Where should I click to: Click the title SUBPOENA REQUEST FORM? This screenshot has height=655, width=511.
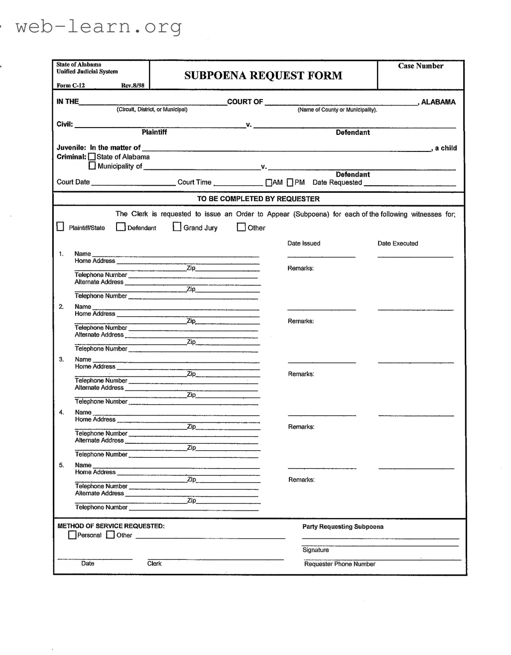pos(263,76)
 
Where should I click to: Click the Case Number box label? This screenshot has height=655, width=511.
pos(420,66)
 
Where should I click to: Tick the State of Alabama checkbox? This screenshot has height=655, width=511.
pos(92,157)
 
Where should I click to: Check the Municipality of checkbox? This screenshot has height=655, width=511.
pos(92,166)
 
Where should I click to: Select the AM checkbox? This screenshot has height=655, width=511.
pos(269,183)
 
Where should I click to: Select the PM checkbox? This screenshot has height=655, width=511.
pos(290,183)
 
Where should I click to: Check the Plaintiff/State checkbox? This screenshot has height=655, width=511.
pos(60,227)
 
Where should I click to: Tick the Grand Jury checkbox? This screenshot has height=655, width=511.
pos(177,227)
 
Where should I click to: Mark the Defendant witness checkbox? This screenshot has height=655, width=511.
pos(121,227)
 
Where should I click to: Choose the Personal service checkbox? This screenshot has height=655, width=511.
pos(72,535)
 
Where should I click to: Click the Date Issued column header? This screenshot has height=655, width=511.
pos(304,244)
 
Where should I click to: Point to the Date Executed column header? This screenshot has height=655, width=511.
pos(397,244)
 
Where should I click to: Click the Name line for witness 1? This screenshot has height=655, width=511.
pos(175,254)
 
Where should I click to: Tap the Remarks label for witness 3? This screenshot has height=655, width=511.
pos(301,374)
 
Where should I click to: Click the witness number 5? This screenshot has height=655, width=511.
pos(62,465)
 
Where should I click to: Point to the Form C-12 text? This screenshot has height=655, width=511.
pos(71,86)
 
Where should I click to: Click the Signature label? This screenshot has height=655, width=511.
pos(315,550)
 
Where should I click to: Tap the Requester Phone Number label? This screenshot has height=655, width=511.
pos(340,564)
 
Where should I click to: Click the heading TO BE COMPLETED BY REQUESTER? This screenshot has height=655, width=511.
pos(258,199)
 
